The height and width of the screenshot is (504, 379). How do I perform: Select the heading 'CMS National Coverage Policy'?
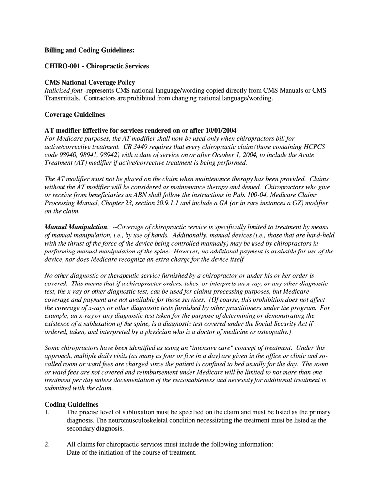point(90,82)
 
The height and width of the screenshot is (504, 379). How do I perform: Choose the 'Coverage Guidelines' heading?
point(75,114)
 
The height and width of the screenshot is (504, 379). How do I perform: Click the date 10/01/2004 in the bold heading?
point(220,130)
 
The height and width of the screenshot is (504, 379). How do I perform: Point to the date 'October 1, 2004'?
point(222,155)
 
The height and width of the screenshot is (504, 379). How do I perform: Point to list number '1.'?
point(47,412)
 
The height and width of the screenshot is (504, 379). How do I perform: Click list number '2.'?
point(47,444)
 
